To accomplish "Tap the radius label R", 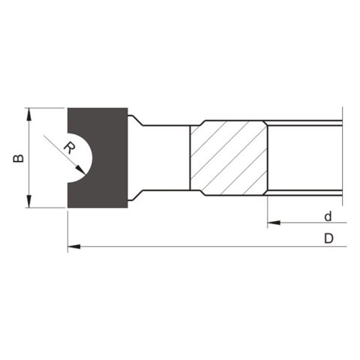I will tap(70, 147).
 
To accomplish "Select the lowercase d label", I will tap(328, 217).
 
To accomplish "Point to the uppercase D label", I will tap(328, 239).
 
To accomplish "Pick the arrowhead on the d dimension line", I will tap(272, 223).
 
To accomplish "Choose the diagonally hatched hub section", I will tap(227, 158).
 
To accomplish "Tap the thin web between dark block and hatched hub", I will tap(165, 158).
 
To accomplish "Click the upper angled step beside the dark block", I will tap(136, 120).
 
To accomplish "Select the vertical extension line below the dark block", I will tap(67, 229).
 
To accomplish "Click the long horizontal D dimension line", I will tap(202, 245).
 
